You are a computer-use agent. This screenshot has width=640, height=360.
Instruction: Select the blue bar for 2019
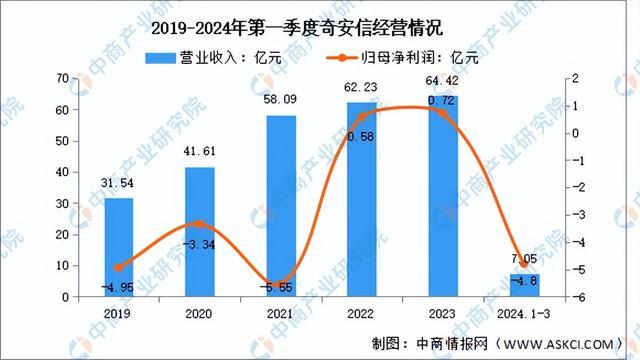pos(118,247)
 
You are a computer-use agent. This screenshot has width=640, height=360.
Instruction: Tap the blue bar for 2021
pos(281,206)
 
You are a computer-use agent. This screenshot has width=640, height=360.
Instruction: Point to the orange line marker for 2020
pos(200,224)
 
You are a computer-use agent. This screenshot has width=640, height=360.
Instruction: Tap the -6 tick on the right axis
pos(568,298)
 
